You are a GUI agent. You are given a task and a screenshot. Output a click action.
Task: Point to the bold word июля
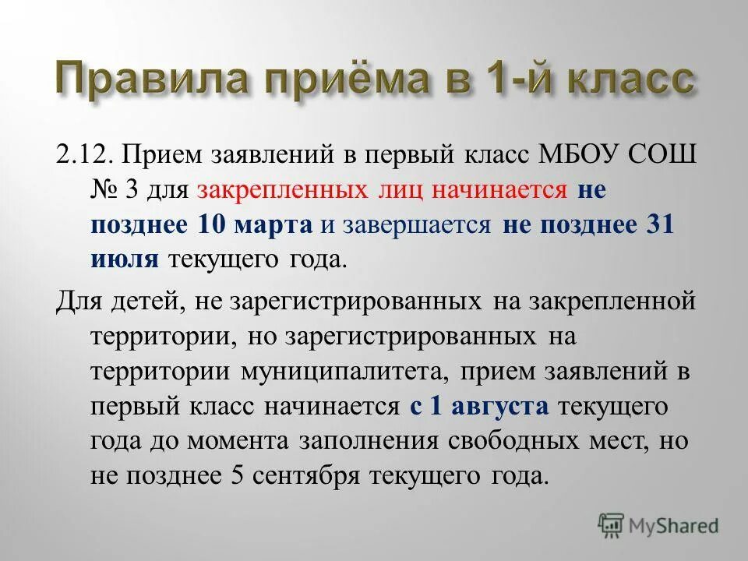click(125, 260)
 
